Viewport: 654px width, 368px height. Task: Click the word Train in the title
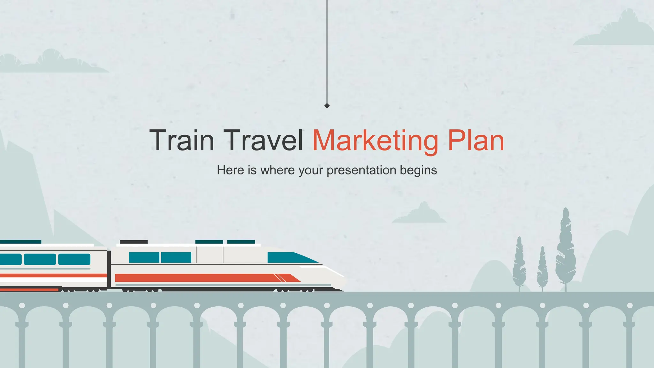pos(182,141)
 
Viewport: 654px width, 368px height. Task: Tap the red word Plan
pos(476,141)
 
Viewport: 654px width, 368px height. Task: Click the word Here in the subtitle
pos(230,170)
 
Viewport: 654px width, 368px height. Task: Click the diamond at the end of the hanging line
pos(327,106)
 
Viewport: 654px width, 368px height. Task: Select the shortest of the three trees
pos(542,268)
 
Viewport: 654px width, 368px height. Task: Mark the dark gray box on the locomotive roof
pos(133,242)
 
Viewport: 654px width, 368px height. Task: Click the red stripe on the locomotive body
pos(204,278)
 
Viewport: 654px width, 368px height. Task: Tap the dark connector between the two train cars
pos(109,269)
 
